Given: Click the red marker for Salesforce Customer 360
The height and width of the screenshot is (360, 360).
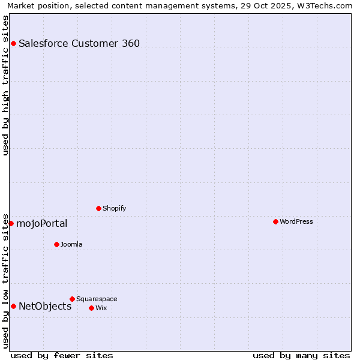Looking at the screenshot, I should point(13,43).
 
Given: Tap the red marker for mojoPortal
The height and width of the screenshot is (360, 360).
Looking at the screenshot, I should point(11,223).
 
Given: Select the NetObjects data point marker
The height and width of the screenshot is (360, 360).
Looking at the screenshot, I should point(13,306).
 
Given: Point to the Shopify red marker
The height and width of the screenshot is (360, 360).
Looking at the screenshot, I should point(98,208).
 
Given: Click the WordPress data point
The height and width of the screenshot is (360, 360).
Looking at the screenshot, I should point(275,221).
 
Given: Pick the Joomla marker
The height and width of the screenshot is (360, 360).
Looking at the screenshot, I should point(56,244).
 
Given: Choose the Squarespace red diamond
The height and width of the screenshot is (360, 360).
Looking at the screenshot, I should point(72,299).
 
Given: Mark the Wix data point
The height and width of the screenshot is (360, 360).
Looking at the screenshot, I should point(91,308).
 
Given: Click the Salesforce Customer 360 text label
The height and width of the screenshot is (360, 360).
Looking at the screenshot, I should point(79,43).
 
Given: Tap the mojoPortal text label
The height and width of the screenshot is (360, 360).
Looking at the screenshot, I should point(42,224).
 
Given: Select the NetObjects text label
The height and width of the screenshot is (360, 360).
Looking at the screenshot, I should point(45,307).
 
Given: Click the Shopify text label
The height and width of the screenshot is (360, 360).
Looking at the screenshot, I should point(114,208).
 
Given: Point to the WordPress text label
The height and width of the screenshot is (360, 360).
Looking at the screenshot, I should point(296,221).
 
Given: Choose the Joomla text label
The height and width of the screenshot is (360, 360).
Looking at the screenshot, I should point(71,244).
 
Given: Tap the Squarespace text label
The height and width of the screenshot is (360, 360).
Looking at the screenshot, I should point(97,299).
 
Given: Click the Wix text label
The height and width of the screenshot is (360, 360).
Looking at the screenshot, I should point(101,308).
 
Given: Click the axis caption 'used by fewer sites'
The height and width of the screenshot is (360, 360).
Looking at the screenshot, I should point(62,355).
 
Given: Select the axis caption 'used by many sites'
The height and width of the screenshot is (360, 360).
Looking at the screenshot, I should point(301,355).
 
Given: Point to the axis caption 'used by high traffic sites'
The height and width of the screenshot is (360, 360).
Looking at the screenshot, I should point(5,85).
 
